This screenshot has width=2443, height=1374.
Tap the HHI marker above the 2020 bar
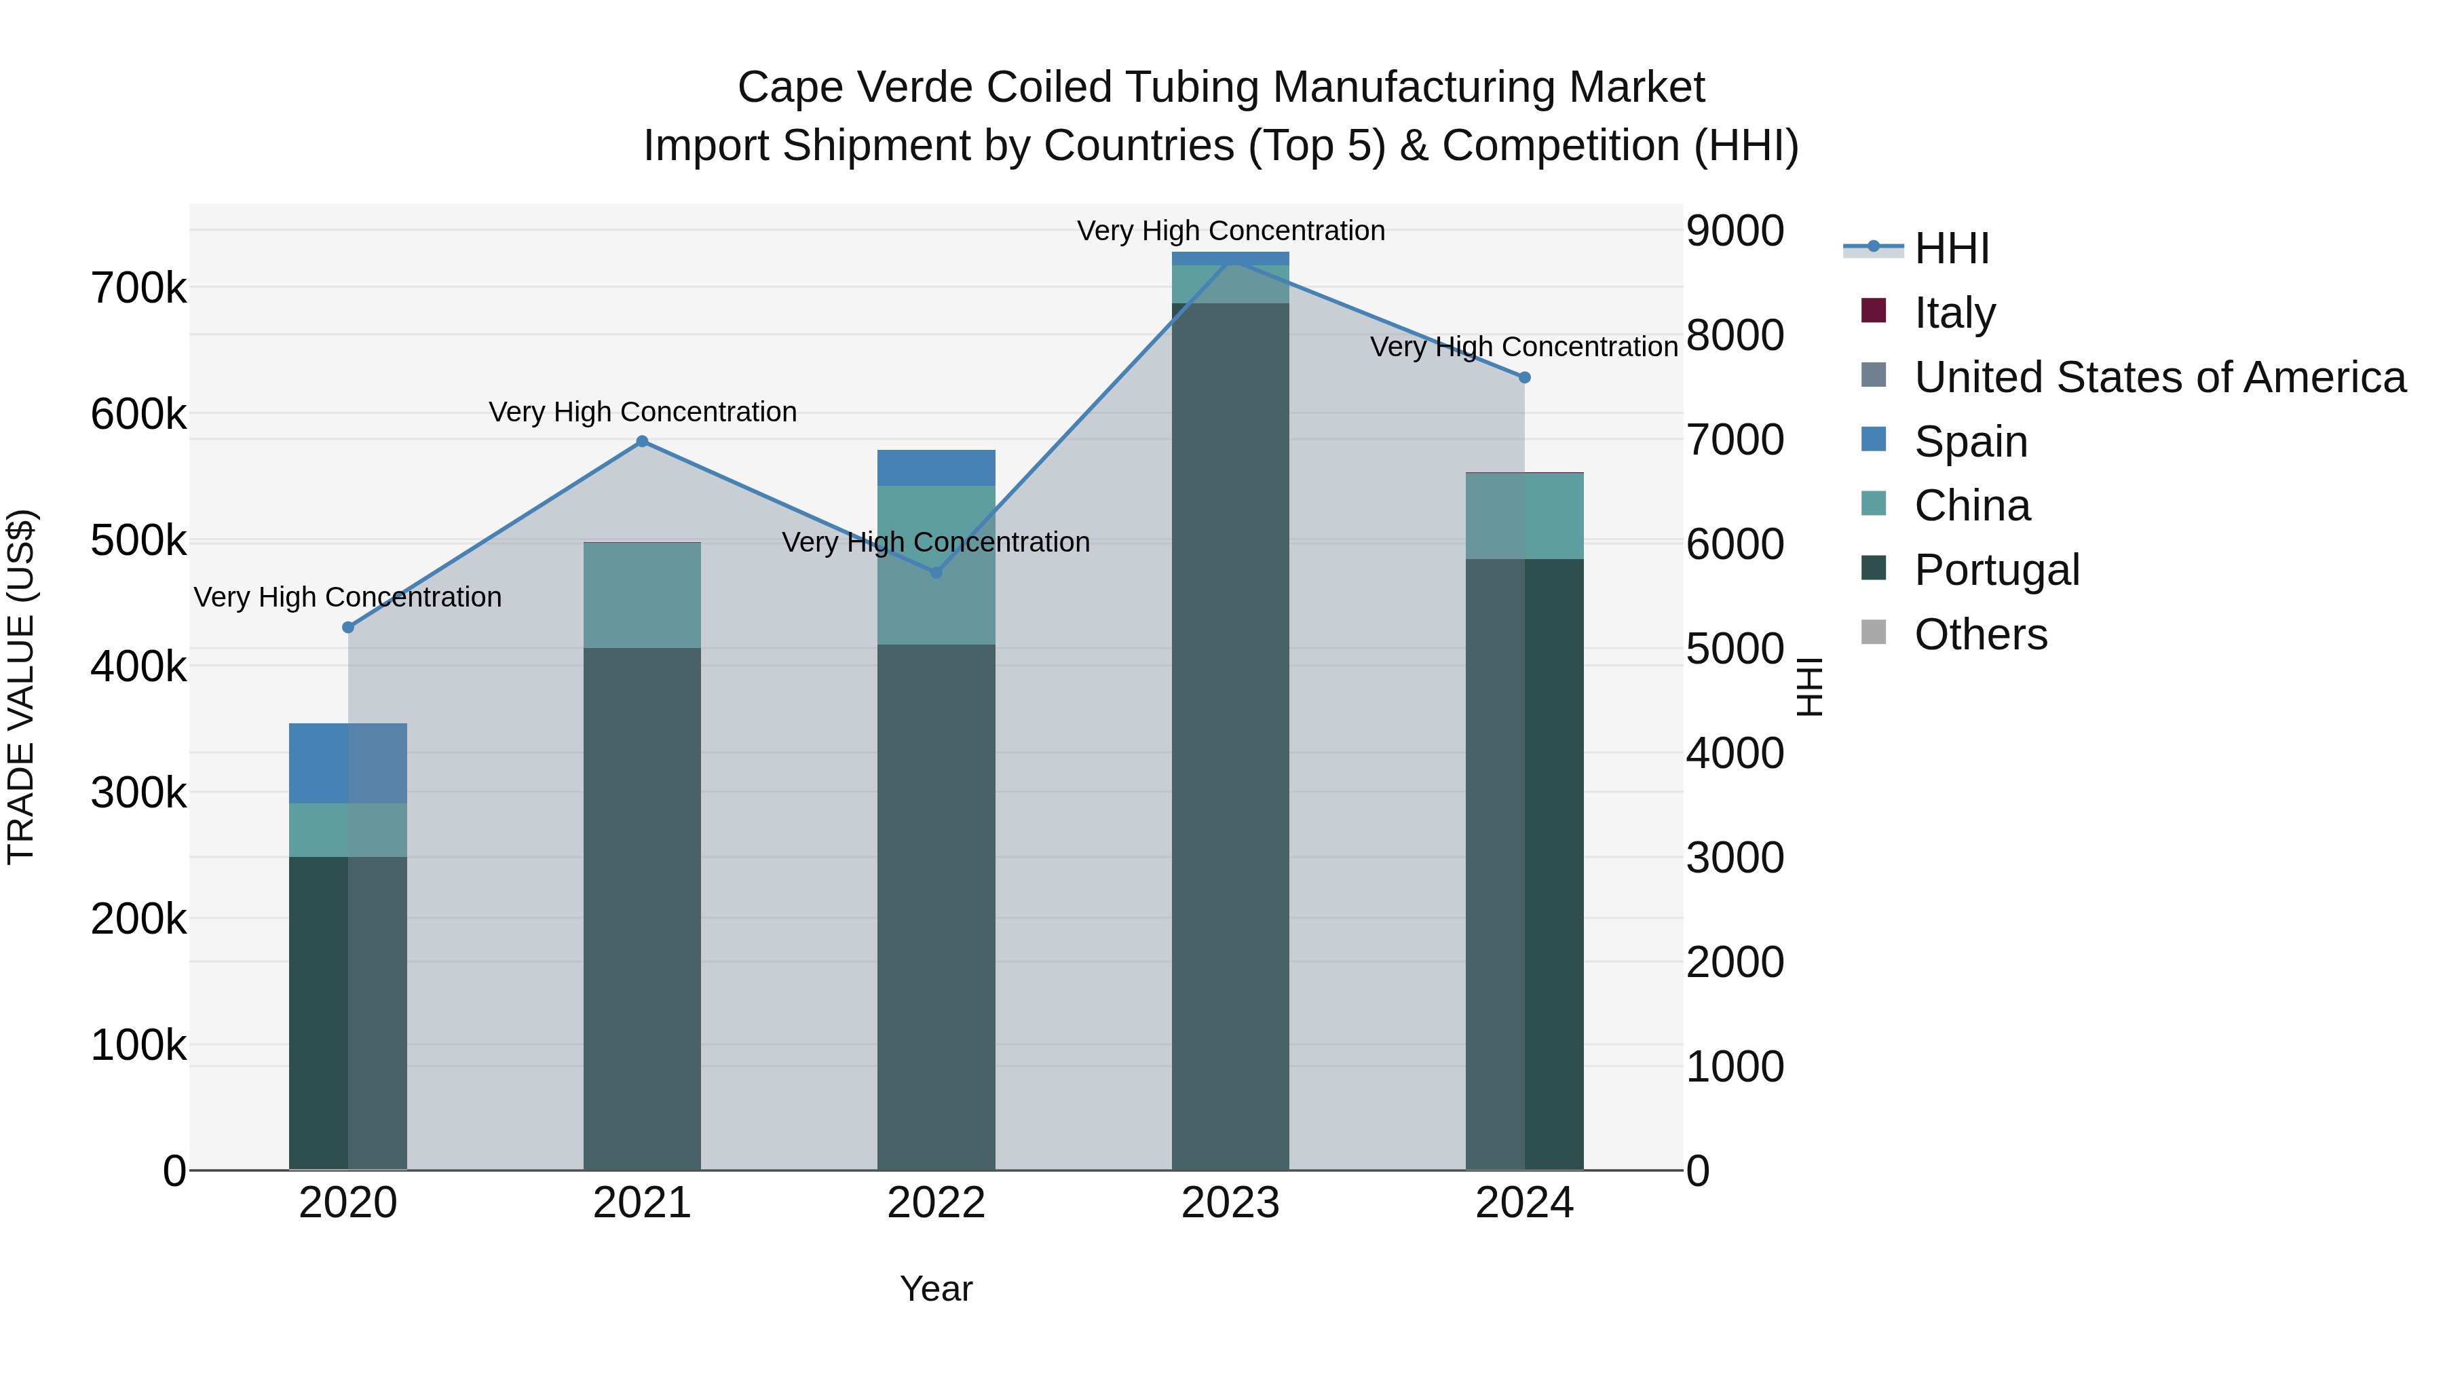348,628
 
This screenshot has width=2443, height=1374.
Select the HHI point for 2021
642,441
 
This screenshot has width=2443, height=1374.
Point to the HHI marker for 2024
1524,377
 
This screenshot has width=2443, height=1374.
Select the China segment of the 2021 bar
642,596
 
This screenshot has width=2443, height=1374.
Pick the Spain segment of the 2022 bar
936,467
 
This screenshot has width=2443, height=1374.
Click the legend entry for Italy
1954,313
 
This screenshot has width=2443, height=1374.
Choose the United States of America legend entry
2159,377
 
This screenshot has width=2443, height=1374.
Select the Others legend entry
1980,634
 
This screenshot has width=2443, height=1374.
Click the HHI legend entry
1951,248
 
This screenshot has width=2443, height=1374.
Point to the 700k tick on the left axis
138,288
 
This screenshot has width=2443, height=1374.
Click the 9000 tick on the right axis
1735,231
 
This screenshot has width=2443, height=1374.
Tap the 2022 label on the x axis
936,1203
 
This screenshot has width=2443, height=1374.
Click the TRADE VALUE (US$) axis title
22,687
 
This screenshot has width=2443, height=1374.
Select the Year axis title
936,1289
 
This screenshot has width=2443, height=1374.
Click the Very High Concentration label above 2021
642,412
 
